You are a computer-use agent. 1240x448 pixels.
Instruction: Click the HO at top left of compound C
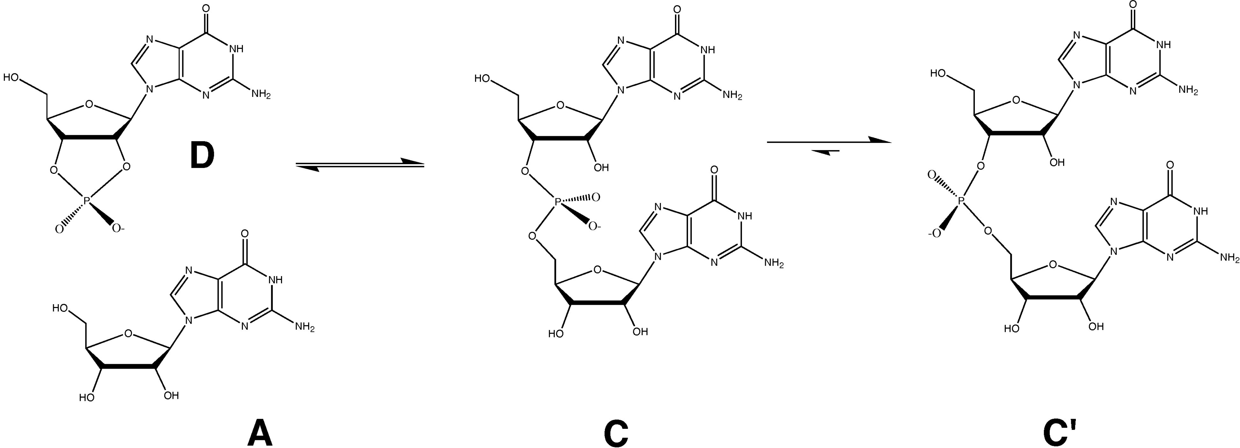483,78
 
